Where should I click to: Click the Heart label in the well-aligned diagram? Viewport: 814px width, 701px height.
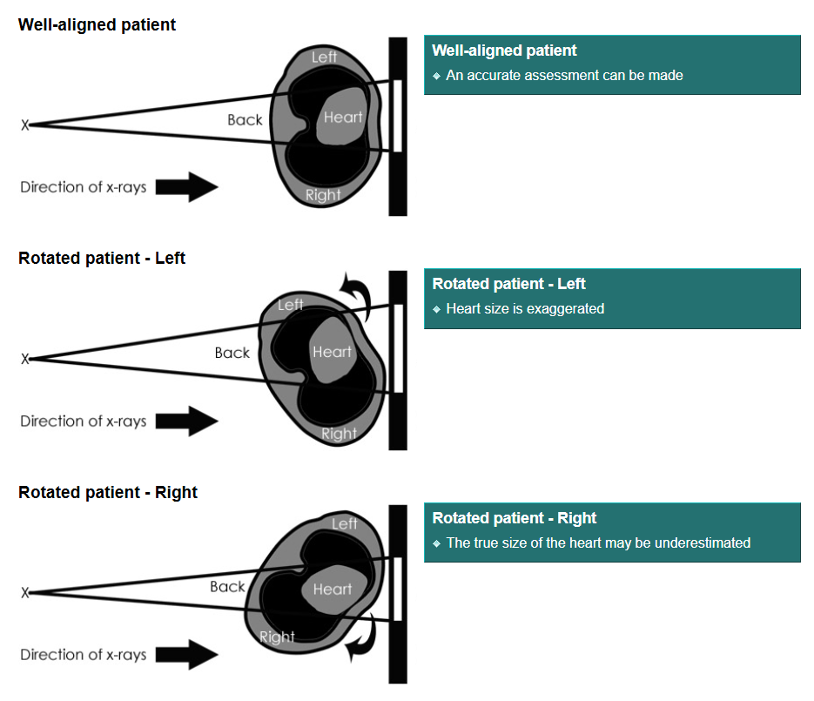coord(342,117)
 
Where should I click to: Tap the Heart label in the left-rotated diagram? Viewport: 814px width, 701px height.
coord(332,352)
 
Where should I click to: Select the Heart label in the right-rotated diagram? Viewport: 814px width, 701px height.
coord(332,590)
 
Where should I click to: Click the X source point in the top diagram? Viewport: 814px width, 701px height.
coord(25,125)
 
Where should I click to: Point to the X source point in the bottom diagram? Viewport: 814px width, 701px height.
coord(25,593)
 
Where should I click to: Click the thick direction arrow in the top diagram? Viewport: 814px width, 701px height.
coord(188,187)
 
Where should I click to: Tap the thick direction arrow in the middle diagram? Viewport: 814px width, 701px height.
coord(188,421)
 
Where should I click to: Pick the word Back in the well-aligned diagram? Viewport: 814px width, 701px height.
coord(244,119)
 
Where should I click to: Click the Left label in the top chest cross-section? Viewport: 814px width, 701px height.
coord(324,57)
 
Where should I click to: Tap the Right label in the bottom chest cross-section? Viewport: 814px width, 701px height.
coord(277,637)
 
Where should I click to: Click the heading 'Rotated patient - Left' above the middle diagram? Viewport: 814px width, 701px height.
coord(102,259)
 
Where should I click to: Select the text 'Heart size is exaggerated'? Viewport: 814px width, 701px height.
coord(524,308)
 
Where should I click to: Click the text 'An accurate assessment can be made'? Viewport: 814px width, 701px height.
coord(564,75)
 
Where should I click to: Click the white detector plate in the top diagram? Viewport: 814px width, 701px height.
coord(397,115)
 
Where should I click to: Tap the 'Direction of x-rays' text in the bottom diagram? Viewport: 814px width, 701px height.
coord(84,655)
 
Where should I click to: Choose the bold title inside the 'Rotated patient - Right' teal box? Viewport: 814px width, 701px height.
coord(514,518)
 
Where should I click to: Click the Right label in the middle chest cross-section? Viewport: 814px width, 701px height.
coord(339,433)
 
